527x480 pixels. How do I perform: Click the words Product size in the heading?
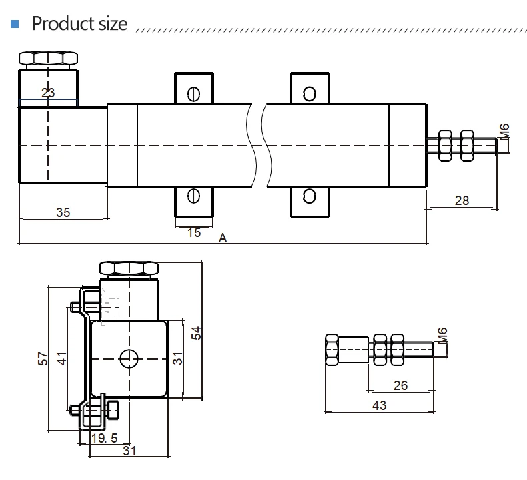click(x=79, y=24)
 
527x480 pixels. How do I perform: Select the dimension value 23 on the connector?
click(x=48, y=93)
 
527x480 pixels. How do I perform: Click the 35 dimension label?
click(x=63, y=212)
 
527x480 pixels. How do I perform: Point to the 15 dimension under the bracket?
click(x=193, y=232)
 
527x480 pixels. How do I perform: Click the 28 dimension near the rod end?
click(x=462, y=200)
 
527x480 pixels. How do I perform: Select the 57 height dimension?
click(x=41, y=359)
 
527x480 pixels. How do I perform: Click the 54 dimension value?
click(x=195, y=332)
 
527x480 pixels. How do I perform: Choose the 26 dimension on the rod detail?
click(x=400, y=385)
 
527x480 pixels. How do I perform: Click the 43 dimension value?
click(x=378, y=405)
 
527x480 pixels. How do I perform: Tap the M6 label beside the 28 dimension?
click(x=504, y=130)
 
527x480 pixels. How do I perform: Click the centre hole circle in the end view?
click(x=129, y=359)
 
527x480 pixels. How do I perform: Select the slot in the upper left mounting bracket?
click(x=193, y=94)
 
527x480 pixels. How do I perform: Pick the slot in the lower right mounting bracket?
click(x=308, y=196)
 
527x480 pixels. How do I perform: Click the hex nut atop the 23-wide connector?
click(x=49, y=59)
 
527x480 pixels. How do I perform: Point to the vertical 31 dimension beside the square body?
click(x=177, y=359)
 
